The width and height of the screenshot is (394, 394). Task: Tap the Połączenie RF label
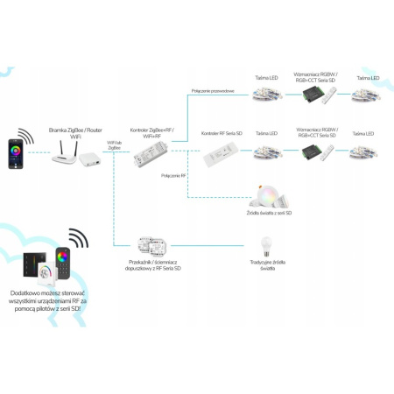174,174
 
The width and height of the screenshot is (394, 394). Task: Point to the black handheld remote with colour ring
62,262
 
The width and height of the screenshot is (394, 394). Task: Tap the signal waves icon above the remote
79,237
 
